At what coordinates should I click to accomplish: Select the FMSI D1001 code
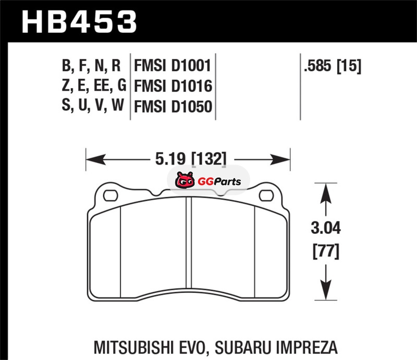tap(173, 66)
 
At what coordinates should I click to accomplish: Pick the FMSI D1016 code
tap(173, 86)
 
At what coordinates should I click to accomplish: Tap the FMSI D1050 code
tap(173, 106)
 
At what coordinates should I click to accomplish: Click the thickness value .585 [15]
tap(333, 66)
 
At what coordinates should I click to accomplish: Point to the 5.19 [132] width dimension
tap(191, 159)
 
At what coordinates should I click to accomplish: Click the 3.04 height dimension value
tap(325, 228)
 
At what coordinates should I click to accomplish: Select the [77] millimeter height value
tap(326, 251)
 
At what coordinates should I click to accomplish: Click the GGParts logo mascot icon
tap(185, 180)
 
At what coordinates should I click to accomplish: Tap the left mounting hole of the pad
tap(111, 195)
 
